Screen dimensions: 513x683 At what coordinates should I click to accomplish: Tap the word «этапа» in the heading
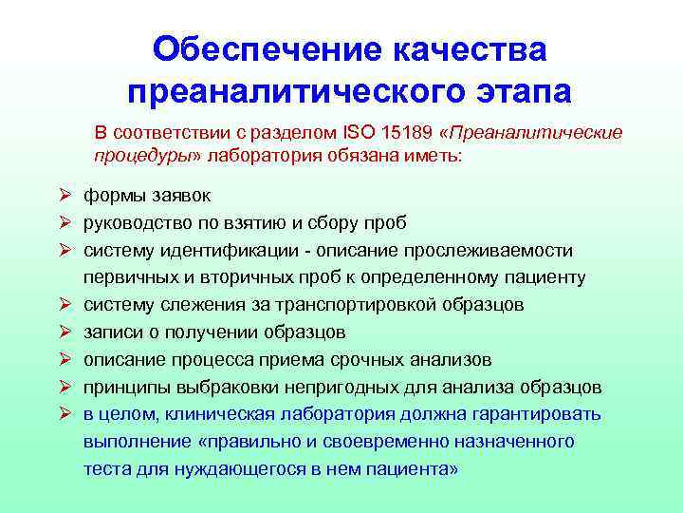pos(512,92)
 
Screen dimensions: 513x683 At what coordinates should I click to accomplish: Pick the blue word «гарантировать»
pos(537,415)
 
